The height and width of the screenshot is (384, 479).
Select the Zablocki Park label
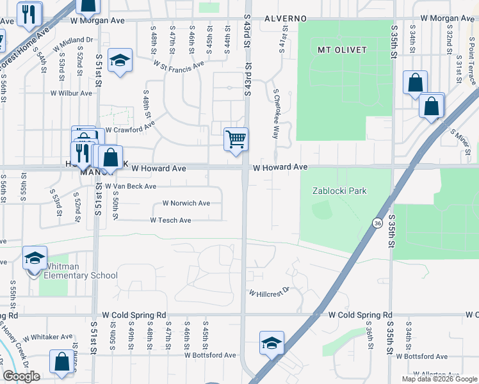click(x=339, y=191)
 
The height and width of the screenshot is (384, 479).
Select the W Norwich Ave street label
click(x=186, y=204)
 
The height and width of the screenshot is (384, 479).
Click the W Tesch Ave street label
click(x=170, y=220)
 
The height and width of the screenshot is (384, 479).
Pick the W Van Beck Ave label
click(x=131, y=186)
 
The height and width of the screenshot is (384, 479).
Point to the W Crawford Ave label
click(x=130, y=129)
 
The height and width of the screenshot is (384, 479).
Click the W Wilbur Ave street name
click(x=72, y=93)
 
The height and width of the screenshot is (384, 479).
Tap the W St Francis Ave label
click(x=179, y=63)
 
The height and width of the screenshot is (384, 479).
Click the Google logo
click(x=21, y=376)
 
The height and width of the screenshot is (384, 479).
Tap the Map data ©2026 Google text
click(x=439, y=379)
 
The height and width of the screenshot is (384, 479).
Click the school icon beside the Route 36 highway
click(x=272, y=343)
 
